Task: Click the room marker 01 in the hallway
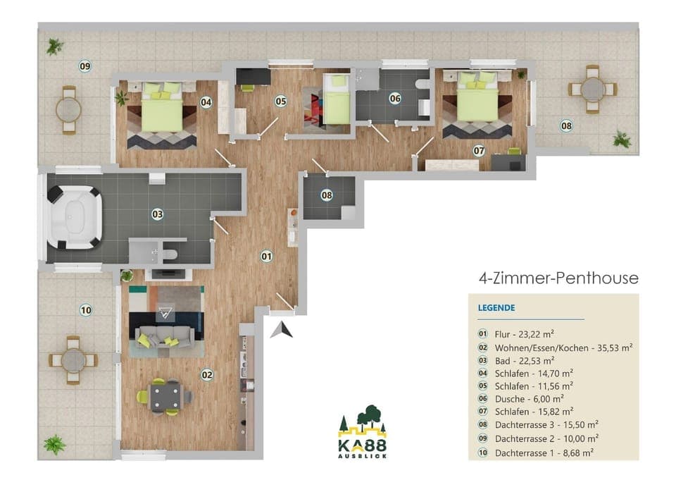click(x=267, y=256)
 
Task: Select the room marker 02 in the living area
click(x=207, y=375)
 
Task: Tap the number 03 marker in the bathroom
click(x=157, y=214)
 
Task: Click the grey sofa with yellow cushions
click(x=166, y=339)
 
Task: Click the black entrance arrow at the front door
click(x=282, y=329)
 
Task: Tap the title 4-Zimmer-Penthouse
click(x=558, y=278)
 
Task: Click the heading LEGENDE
click(x=496, y=308)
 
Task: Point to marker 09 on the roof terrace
click(x=85, y=66)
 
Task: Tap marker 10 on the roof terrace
click(x=85, y=309)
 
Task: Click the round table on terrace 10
click(x=73, y=360)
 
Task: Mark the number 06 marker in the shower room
click(x=395, y=99)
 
